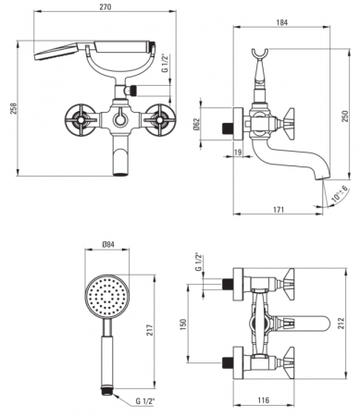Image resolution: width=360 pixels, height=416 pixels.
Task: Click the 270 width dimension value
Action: pyautogui.click(x=106, y=6)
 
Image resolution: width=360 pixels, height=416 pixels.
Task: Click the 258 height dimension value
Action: pyautogui.click(x=13, y=108)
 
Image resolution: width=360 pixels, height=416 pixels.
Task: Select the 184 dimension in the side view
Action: pyautogui.click(x=282, y=22)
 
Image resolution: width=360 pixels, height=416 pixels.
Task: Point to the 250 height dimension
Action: pyautogui.click(x=345, y=116)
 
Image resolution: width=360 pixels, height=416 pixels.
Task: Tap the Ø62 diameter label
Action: pyautogui.click(x=196, y=124)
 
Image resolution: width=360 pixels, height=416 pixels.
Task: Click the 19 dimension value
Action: pyautogui.click(x=238, y=152)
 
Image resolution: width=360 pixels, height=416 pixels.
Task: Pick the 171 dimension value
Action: pyautogui.click(x=279, y=210)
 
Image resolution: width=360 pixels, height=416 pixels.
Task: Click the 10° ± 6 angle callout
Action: pyautogui.click(x=340, y=194)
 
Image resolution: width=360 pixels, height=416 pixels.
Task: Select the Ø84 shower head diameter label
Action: pyautogui.click(x=108, y=244)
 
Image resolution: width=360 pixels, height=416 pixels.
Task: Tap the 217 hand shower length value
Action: pyautogui.click(x=150, y=330)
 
